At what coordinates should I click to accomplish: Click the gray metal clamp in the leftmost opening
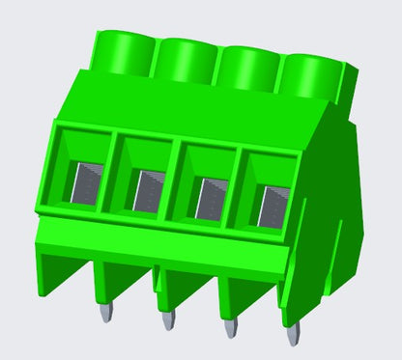84,184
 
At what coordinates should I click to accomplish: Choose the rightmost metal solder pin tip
293,335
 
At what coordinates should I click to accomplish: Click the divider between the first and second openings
112,174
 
